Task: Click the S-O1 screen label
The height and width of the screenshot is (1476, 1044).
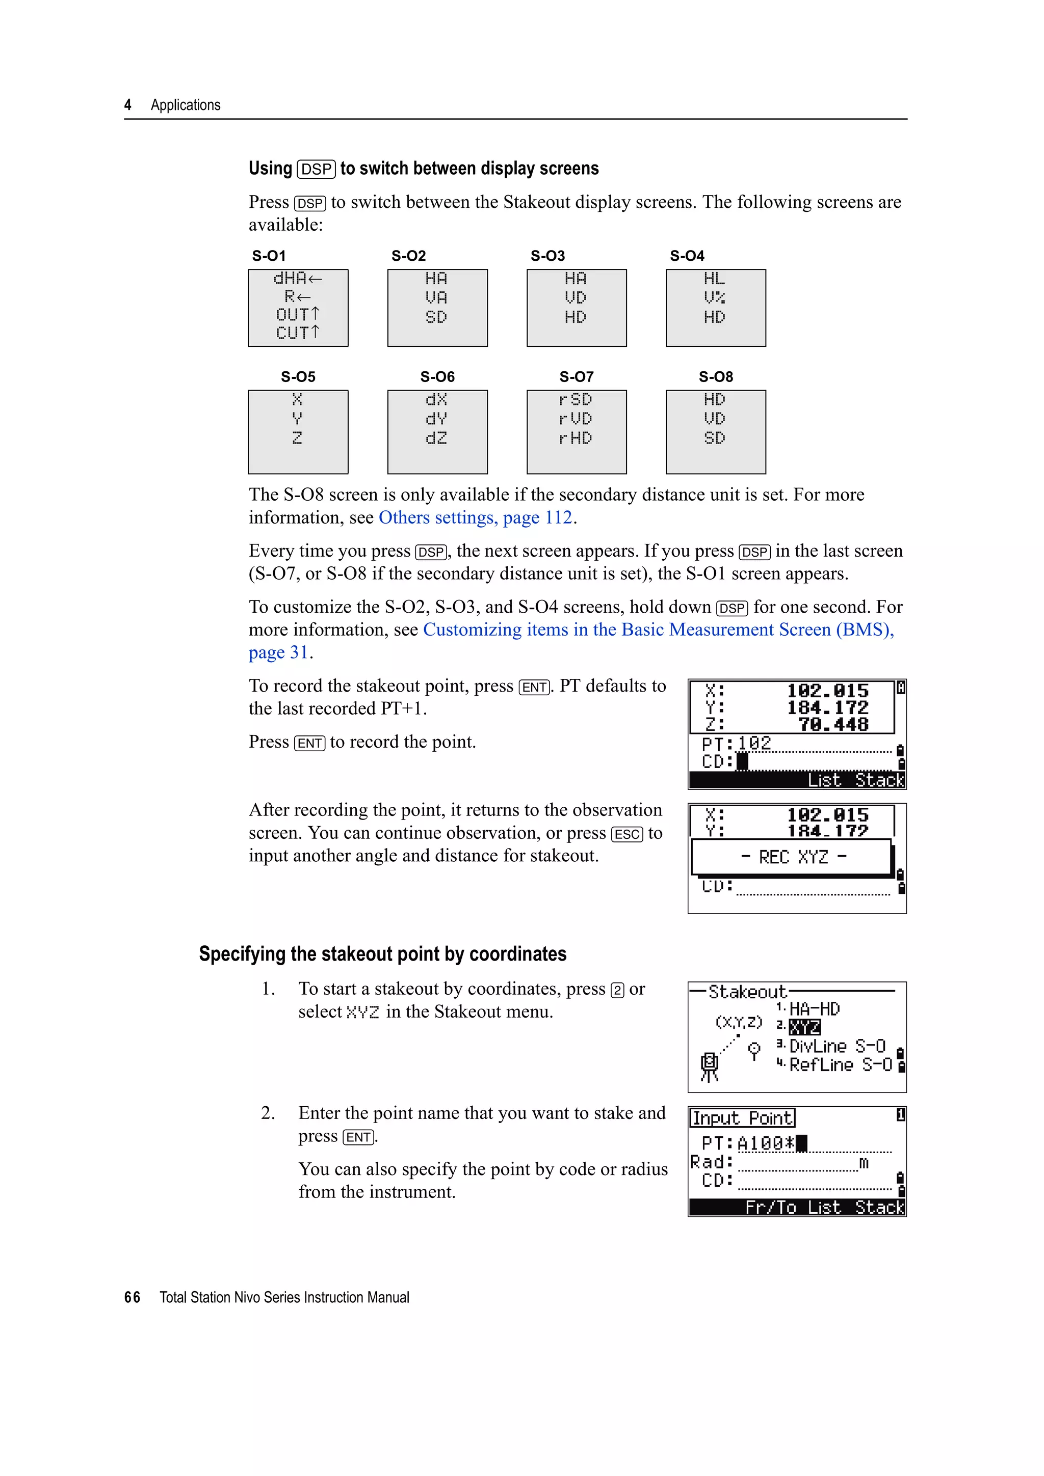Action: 269,256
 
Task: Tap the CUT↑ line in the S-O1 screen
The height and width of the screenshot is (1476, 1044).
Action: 297,333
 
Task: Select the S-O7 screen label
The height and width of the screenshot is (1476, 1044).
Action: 577,377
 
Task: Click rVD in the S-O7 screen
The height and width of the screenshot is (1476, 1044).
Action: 575,419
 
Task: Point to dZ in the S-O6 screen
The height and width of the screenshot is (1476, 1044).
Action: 436,439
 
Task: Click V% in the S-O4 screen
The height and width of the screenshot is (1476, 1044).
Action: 714,297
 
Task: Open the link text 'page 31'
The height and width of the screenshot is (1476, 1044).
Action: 278,652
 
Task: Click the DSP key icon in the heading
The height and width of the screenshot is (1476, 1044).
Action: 317,169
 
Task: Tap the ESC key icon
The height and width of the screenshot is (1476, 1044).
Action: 627,834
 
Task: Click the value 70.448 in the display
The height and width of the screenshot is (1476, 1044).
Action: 833,725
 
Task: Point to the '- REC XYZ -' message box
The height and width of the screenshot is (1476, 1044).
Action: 793,857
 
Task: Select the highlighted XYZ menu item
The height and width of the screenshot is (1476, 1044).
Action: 804,1027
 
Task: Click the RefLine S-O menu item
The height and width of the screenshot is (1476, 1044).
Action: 840,1065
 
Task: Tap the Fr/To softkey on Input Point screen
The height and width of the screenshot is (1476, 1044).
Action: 770,1208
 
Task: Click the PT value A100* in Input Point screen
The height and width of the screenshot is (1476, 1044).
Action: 766,1143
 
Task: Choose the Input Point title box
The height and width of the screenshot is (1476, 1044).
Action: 742,1118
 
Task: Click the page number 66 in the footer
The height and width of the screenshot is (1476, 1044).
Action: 132,1297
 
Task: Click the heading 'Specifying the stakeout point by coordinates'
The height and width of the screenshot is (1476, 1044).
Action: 383,954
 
